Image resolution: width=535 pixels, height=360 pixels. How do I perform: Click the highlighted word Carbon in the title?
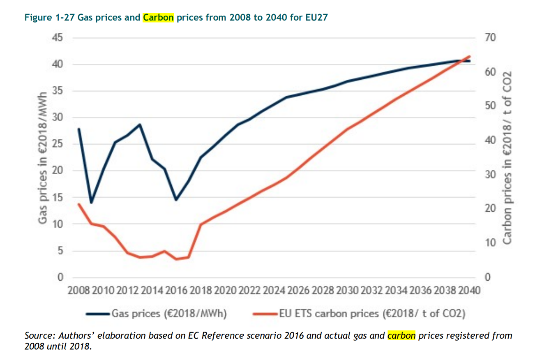pos(158,18)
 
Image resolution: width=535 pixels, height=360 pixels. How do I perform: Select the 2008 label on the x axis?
pos(79,291)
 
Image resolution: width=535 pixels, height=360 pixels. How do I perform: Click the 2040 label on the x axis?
pos(468,291)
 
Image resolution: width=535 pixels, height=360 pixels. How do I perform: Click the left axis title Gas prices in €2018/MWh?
pos(42,158)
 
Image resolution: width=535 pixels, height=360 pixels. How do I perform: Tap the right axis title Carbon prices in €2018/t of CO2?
pos(507,158)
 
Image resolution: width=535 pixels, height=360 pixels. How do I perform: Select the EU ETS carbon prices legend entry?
pos(360,314)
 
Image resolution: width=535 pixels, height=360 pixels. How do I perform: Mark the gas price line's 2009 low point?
pos(91,203)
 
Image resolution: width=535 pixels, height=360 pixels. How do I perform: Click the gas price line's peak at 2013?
pos(140,124)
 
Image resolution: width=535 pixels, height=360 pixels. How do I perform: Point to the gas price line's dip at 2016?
pos(176,200)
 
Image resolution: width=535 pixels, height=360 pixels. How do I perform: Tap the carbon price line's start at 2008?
pos(78,204)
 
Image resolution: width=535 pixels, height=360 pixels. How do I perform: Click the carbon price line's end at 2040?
pos(469,56)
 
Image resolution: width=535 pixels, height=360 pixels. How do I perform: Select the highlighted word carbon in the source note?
pos(401,335)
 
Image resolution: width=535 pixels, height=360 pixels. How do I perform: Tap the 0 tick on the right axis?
pos(488,278)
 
